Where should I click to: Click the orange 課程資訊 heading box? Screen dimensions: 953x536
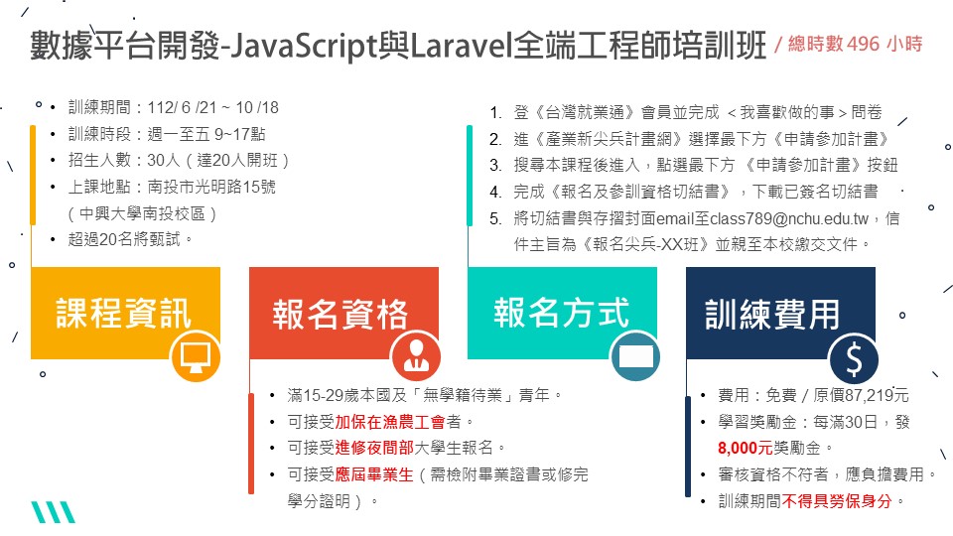pyautogui.click(x=125, y=313)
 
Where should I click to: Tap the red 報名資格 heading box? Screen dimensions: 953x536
pyautogui.click(x=343, y=313)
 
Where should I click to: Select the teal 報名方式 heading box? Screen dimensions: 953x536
pyautogui.click(x=562, y=313)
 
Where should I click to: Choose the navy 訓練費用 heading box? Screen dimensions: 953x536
pyautogui.click(x=780, y=313)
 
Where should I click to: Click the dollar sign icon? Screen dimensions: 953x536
pyautogui.click(x=854, y=358)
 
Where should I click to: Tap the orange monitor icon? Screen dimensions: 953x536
pyautogui.click(x=196, y=356)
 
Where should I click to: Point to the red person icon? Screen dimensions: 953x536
pyautogui.click(x=416, y=356)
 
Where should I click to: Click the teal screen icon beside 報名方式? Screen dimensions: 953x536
pyautogui.click(x=635, y=356)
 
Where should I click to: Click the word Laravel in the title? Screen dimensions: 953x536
pyautogui.click(x=461, y=45)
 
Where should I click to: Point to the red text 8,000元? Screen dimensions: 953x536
pyautogui.click(x=745, y=449)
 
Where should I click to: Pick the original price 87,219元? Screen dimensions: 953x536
pyautogui.click(x=862, y=396)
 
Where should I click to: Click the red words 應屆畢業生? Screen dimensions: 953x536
pyautogui.click(x=374, y=474)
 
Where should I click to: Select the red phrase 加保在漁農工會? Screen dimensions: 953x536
pyautogui.click(x=389, y=422)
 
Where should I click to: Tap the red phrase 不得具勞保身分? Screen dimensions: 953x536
pyautogui.click(x=837, y=501)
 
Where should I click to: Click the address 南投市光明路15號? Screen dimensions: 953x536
pyautogui.click(x=211, y=187)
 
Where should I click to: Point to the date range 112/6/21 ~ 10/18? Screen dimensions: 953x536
pyautogui.click(x=212, y=107)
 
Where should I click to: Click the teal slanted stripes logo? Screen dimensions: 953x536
pyautogui.click(x=53, y=512)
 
